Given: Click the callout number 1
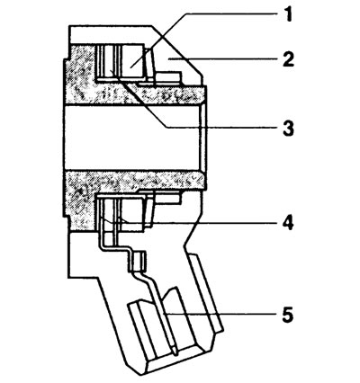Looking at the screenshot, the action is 288,14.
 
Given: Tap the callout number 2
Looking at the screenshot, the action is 288,59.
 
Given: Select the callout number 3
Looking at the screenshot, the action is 288,128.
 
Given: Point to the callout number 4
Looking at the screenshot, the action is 288,223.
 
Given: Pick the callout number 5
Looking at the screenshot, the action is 288,315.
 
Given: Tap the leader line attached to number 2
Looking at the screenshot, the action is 222,59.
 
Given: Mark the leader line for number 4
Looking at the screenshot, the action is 192,223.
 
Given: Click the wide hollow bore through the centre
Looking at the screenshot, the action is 132,138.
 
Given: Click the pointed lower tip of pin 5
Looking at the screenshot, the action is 175,354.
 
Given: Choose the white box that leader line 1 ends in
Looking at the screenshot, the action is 131,61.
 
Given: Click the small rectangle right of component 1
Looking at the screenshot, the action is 168,76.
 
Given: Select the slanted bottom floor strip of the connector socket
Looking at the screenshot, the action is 180,360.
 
